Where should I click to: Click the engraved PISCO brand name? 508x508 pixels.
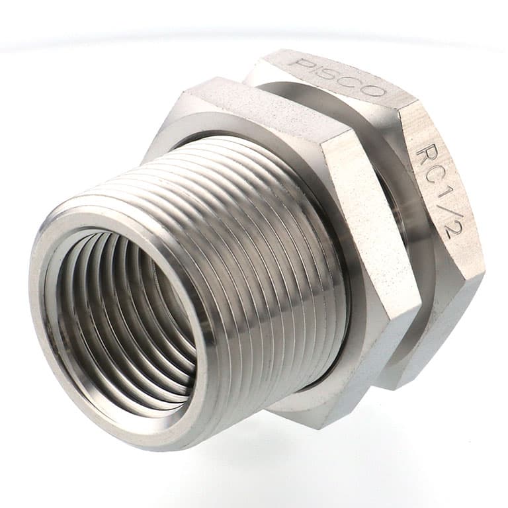[339, 77]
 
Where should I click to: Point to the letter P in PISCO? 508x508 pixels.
[300, 63]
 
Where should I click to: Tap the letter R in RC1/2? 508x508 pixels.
[425, 153]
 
